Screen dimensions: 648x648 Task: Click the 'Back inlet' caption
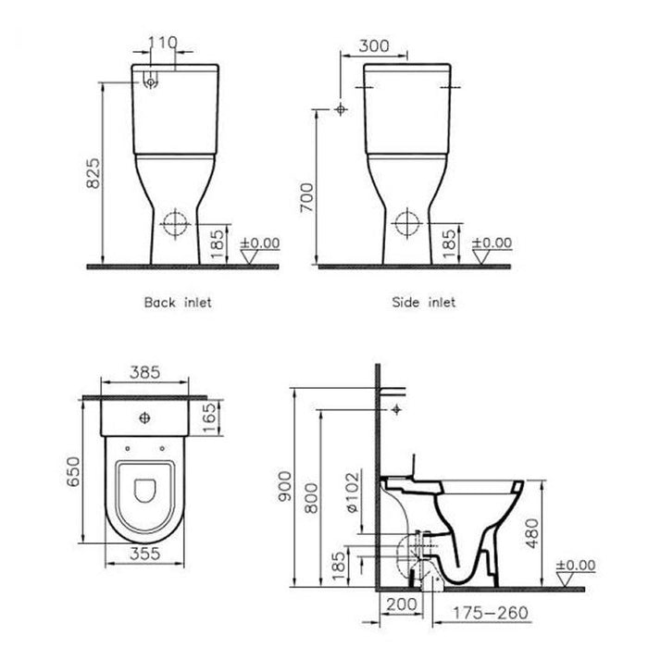178,303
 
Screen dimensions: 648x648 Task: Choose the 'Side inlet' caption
424,303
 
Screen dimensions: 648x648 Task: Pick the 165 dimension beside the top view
211,410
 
